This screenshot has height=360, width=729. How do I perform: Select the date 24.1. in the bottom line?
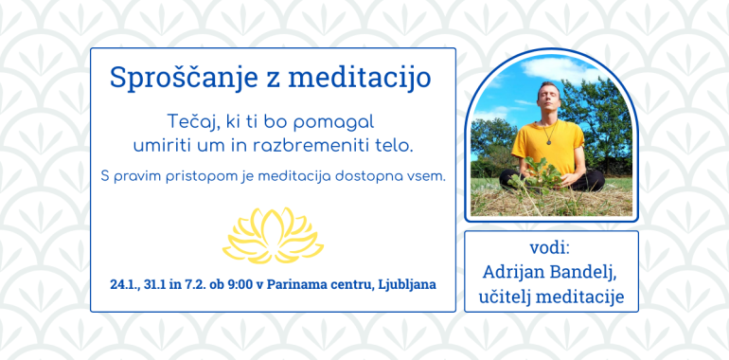coord(126,284)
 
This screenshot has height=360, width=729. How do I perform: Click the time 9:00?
coord(241,284)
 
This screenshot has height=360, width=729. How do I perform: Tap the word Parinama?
coord(303,284)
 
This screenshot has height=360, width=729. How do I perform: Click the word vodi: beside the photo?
coord(550,247)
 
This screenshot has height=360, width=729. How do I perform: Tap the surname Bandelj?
coord(587,272)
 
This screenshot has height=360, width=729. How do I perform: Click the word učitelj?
coord(508,297)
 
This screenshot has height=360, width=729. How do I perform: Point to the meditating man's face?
coord(546,97)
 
